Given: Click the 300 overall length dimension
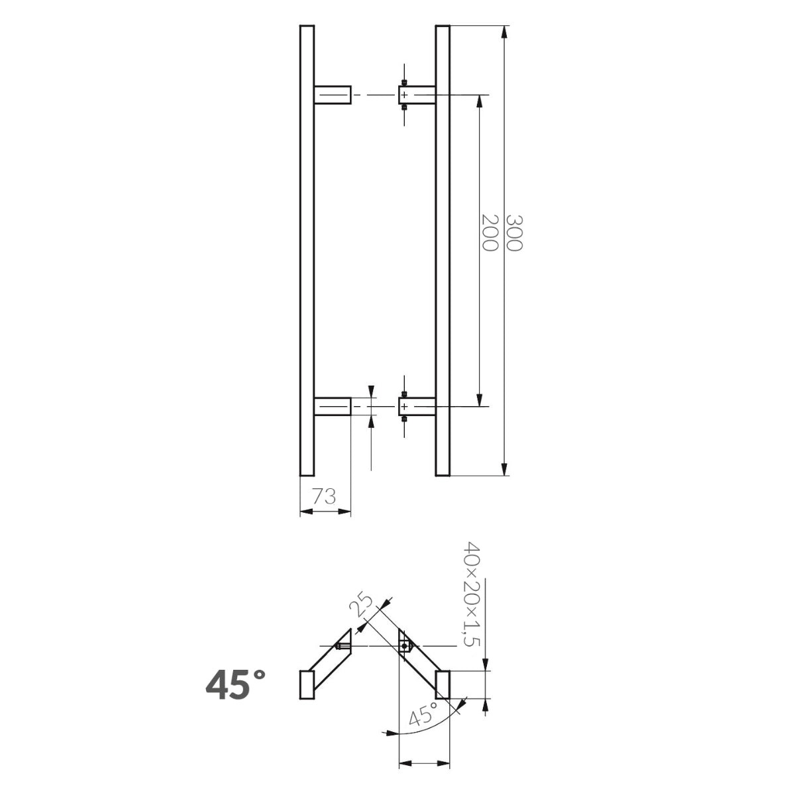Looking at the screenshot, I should point(514,233).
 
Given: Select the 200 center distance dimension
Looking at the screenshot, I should point(490,233).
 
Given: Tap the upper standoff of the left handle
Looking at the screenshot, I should point(332,95).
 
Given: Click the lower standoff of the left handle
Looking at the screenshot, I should point(332,406).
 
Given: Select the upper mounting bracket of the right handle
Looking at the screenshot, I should point(417,95).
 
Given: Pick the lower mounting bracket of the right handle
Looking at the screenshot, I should point(417,406).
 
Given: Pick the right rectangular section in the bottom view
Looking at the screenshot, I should point(443,684).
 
